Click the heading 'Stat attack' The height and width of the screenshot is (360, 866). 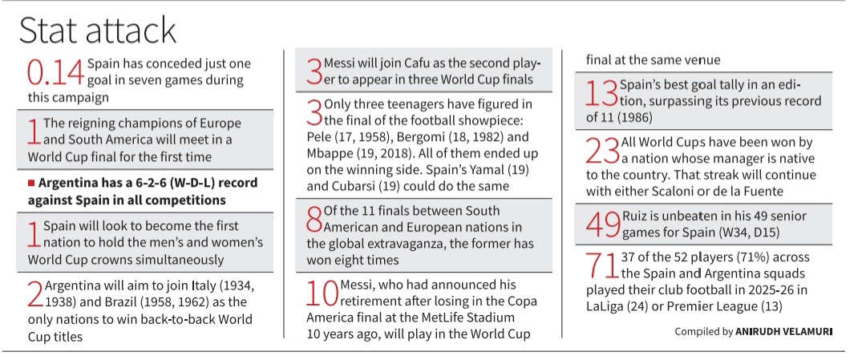[x=97, y=31]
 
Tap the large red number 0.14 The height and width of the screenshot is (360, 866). [x=56, y=72]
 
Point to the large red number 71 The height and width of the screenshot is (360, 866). [x=601, y=266]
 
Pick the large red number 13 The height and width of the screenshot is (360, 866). [x=601, y=93]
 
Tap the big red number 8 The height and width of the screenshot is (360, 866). [x=315, y=219]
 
